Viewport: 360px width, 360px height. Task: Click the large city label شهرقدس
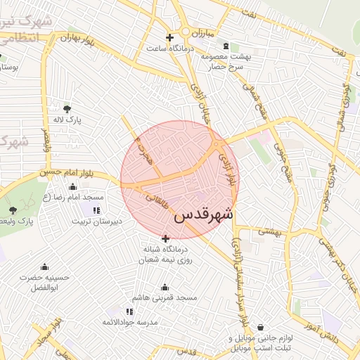[203, 214]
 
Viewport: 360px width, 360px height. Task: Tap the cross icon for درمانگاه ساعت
[169, 37]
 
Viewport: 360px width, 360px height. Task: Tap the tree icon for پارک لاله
[67, 108]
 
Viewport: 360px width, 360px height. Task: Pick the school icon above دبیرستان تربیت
[96, 210]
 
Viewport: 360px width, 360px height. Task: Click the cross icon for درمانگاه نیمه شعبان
[165, 238]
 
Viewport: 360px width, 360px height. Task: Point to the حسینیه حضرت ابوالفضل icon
[45, 265]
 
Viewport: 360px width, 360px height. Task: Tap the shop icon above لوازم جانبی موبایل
[261, 327]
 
